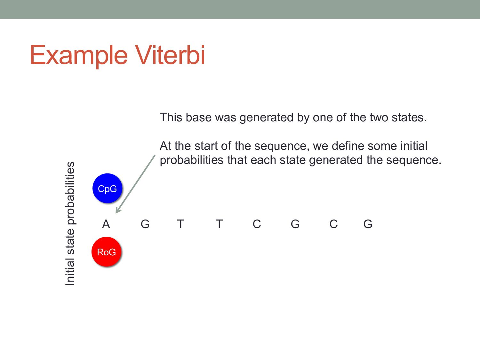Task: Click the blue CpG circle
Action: pyautogui.click(x=107, y=188)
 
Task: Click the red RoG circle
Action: pyautogui.click(x=106, y=252)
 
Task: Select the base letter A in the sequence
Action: pyautogui.click(x=106, y=224)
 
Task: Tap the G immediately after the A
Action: pyautogui.click(x=145, y=224)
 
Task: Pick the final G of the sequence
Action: pyautogui.click(x=368, y=224)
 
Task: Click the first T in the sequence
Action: pyautogui.click(x=180, y=224)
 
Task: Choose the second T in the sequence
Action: pyautogui.click(x=219, y=224)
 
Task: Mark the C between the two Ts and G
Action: pyautogui.click(x=257, y=224)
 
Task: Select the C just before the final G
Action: pyautogui.click(x=333, y=224)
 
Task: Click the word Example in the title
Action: pyautogui.click(x=79, y=55)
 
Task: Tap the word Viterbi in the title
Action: pyautogui.click(x=170, y=55)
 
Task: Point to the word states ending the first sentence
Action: pyautogui.click(x=409, y=117)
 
